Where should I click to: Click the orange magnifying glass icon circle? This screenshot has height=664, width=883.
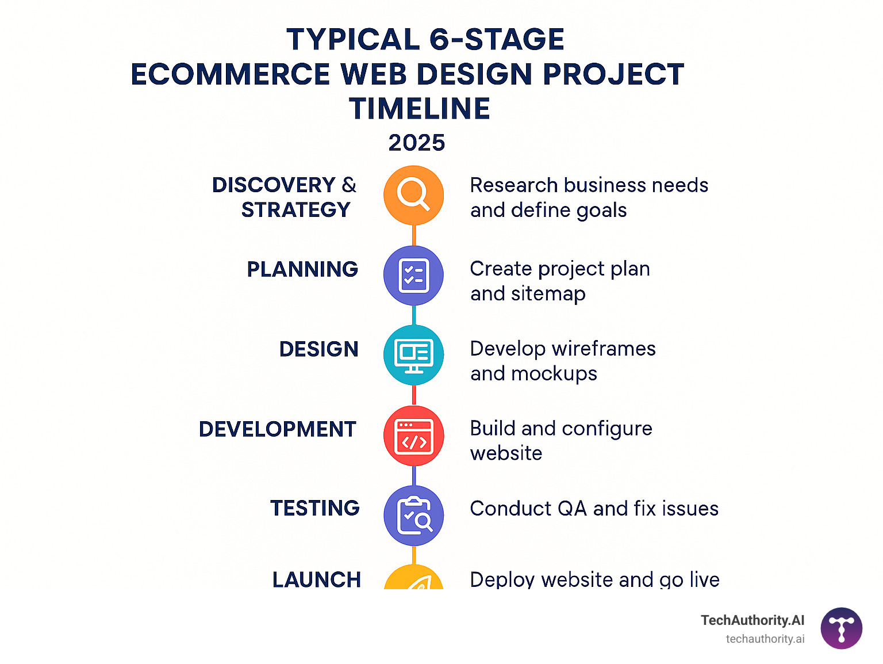coord(413,195)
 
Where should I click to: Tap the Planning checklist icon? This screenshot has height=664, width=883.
coord(413,276)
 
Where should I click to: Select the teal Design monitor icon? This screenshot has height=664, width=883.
coord(413,355)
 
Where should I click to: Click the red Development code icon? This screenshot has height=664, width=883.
coord(413,436)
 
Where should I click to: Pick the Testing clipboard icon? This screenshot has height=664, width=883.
coord(413,516)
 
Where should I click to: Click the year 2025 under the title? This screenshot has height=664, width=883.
coord(417,143)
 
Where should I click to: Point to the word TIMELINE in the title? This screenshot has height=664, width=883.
coord(420,109)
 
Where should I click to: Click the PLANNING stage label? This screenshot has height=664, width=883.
coord(302,269)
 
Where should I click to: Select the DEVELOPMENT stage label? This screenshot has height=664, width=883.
coord(278,429)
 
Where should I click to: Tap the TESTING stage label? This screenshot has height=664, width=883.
coord(315,508)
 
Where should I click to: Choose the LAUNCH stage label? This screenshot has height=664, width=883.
coord(317,579)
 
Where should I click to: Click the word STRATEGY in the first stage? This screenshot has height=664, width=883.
coord(295,210)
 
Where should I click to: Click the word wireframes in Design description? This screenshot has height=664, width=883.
coord(603,349)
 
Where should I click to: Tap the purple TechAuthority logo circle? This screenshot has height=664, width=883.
coord(841,628)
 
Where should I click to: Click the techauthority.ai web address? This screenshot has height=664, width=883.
coord(765,639)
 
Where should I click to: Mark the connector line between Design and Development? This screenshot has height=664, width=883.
coord(413,395)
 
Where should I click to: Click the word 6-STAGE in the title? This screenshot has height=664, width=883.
coord(497,40)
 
